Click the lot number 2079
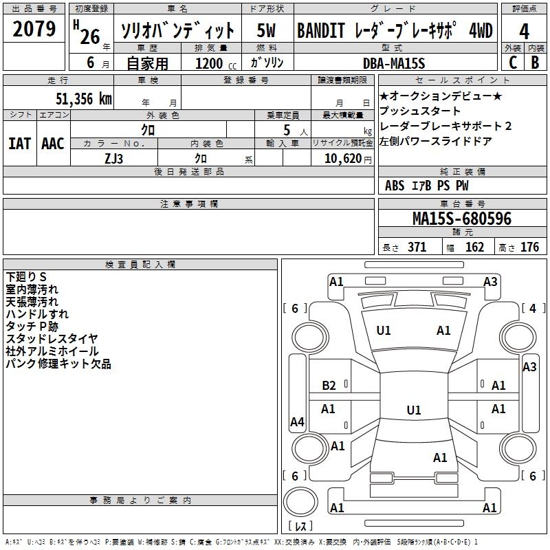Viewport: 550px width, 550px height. click(34, 29)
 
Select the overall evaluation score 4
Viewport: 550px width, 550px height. click(525, 31)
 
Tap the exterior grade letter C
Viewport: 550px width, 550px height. click(512, 62)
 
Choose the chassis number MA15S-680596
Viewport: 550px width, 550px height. click(461, 219)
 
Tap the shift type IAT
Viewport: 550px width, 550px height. click(19, 143)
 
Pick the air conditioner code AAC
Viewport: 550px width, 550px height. click(52, 143)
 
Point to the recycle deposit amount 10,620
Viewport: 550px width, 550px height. click(341, 158)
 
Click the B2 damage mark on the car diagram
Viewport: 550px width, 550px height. click(329, 386)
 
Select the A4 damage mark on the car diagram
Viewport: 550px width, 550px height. click(297, 422)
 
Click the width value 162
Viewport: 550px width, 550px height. click(474, 247)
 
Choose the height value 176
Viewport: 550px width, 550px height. click(529, 247)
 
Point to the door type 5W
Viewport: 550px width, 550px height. click(267, 31)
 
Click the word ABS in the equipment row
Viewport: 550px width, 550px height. click(395, 186)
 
